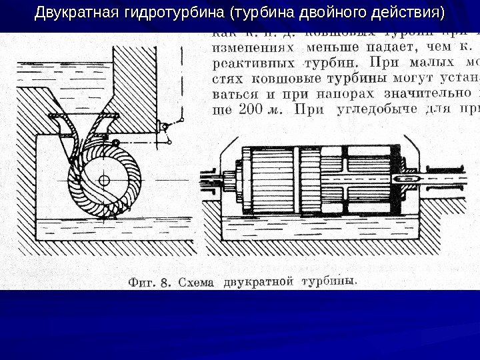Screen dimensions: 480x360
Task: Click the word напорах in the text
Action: (307, 94)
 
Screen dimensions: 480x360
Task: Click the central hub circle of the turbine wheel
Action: (103, 181)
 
